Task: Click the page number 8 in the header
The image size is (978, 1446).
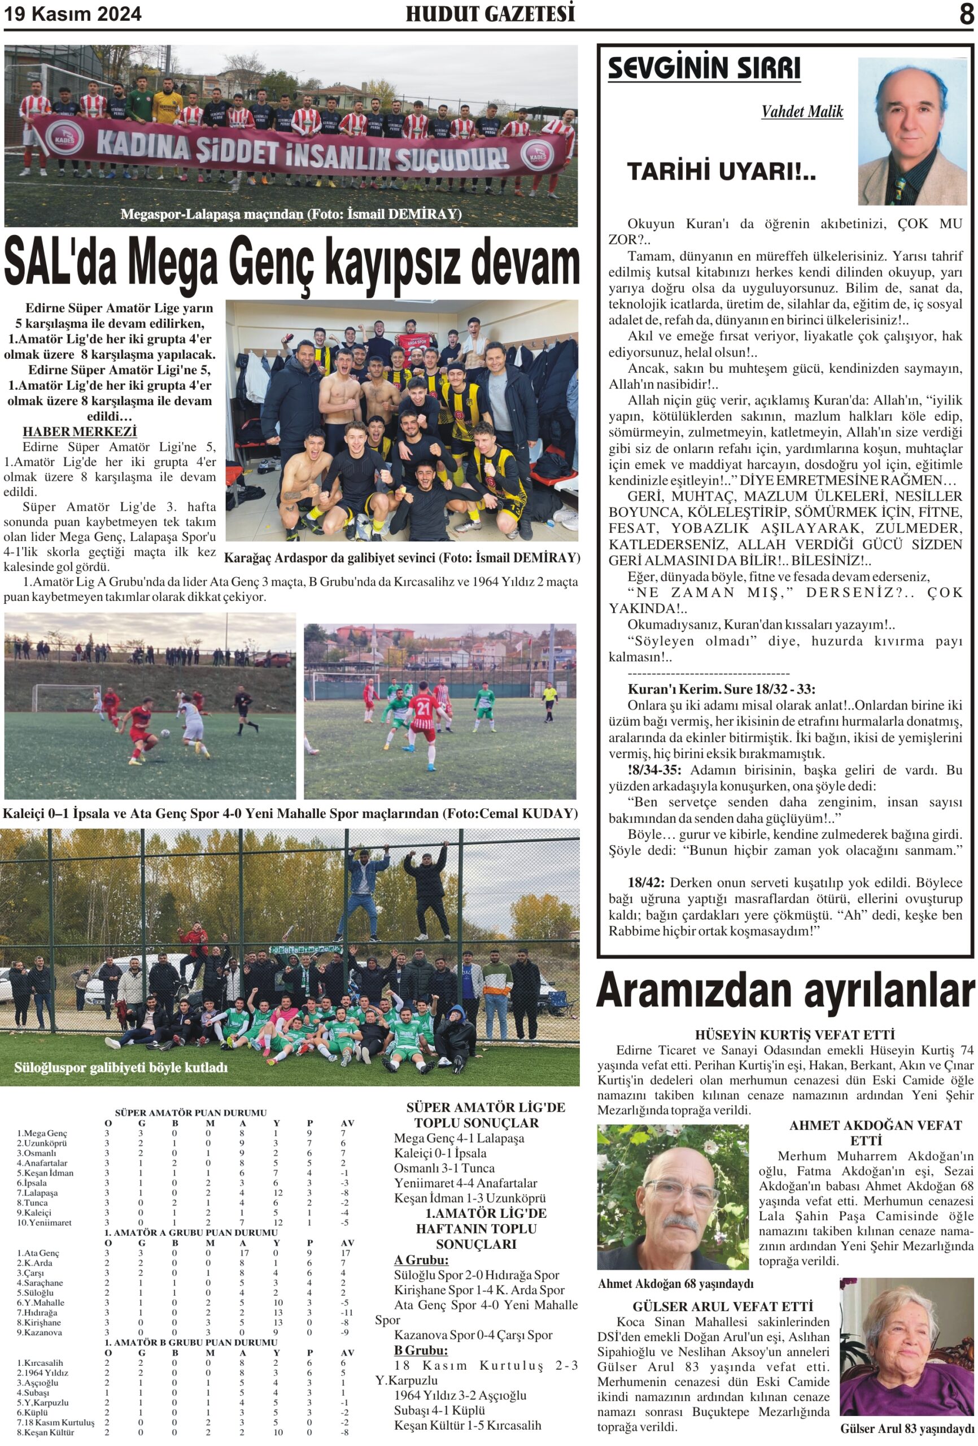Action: [966, 14]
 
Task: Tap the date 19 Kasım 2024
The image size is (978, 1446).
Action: [73, 14]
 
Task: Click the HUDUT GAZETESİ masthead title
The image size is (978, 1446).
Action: [490, 14]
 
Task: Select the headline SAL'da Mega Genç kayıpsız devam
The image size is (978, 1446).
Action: [291, 263]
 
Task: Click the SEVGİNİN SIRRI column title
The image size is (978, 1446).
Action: [703, 68]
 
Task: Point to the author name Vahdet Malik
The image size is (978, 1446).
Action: [801, 112]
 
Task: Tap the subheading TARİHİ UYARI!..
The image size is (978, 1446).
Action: [721, 172]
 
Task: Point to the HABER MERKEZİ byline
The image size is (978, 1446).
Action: [80, 431]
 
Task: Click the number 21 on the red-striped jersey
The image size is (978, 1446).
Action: [423, 709]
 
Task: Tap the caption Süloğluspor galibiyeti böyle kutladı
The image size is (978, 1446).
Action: [121, 1068]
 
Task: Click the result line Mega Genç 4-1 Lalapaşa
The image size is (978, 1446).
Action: [459, 1138]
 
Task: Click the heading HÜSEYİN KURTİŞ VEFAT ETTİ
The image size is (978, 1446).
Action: [785, 1035]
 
